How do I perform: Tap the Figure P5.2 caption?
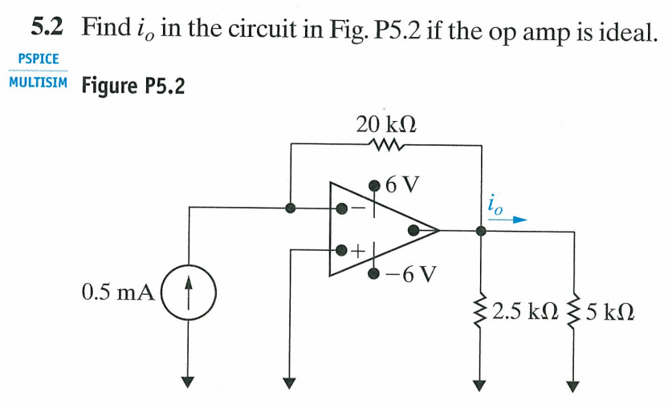[132, 85]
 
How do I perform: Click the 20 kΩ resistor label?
[385, 124]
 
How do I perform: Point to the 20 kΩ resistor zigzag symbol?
[385, 145]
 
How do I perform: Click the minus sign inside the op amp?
[360, 208]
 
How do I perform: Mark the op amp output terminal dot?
[413, 230]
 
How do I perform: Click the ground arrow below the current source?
[187, 381]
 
